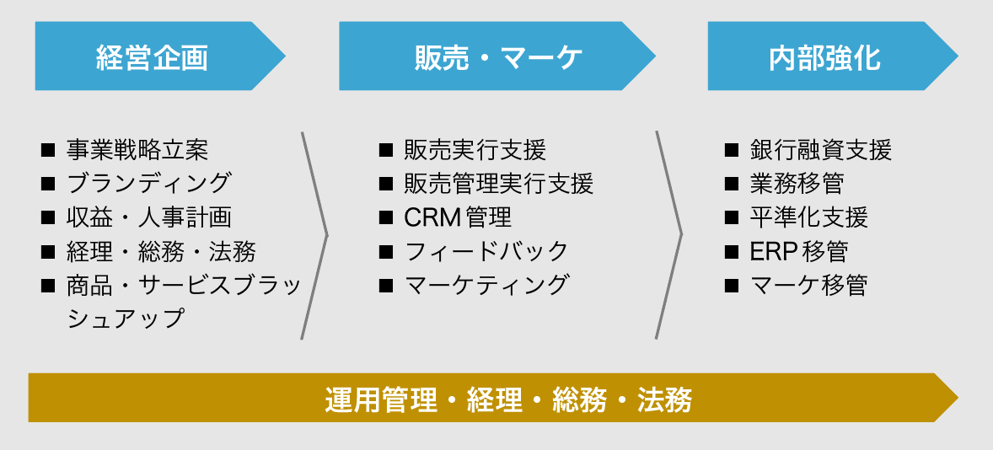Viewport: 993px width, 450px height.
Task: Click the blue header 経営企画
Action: click(x=152, y=57)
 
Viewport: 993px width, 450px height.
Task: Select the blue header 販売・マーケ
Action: click(x=498, y=57)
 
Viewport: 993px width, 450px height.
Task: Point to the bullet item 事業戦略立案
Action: click(x=137, y=150)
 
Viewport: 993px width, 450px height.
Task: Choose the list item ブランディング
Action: click(x=148, y=183)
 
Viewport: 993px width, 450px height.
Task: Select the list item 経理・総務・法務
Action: click(x=161, y=251)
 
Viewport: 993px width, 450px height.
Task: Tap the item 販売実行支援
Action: click(x=475, y=150)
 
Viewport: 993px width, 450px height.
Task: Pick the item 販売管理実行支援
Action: click(x=498, y=183)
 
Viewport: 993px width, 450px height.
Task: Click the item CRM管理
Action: click(x=458, y=217)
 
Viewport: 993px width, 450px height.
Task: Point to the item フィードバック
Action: click(x=486, y=251)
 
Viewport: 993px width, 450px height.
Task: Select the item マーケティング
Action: click(x=486, y=285)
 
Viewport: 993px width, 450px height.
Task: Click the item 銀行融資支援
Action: click(x=820, y=150)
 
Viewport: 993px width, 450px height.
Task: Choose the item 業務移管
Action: click(x=797, y=183)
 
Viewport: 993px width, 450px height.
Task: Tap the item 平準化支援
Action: click(x=808, y=217)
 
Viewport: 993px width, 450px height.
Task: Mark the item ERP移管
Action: click(x=798, y=251)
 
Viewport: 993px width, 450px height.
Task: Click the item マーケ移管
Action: click(x=808, y=285)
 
